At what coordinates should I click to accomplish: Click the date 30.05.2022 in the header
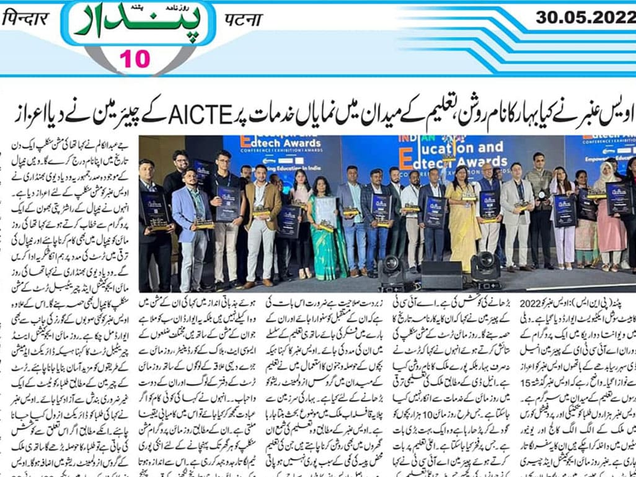[585, 17]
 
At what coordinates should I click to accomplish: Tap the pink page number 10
[135, 59]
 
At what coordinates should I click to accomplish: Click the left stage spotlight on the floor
[392, 270]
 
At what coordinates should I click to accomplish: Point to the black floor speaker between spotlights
[441, 275]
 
